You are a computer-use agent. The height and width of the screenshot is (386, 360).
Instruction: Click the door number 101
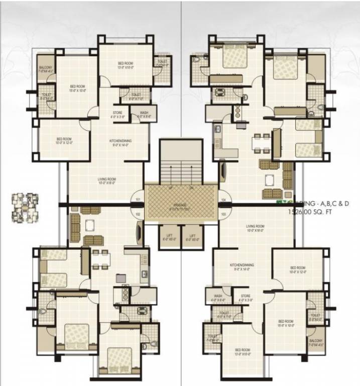[138, 200]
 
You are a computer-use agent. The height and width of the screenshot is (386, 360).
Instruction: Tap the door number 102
[138, 214]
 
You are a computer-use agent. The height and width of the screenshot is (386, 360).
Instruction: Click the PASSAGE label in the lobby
[180, 205]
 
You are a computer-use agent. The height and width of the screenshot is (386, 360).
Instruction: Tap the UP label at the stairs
[171, 188]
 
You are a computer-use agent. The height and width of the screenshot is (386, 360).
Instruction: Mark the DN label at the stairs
[191, 188]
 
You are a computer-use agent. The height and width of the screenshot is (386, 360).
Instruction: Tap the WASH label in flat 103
[218, 297]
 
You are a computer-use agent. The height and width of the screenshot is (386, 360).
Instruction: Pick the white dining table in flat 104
[260, 143]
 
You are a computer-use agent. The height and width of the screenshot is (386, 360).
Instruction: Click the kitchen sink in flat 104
[218, 129]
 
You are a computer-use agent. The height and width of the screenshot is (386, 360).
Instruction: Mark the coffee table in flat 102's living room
[90, 225]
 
